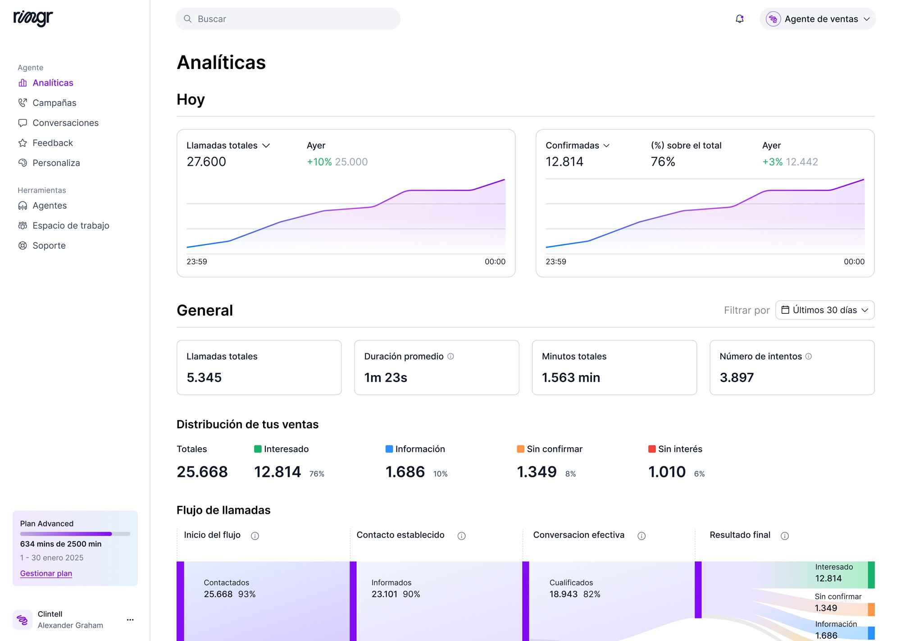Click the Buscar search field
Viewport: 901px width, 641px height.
(x=288, y=19)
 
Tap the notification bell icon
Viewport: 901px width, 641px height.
(x=739, y=19)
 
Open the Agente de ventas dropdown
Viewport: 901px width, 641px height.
(x=818, y=19)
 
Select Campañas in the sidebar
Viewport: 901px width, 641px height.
(x=54, y=103)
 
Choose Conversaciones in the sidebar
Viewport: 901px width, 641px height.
(x=65, y=123)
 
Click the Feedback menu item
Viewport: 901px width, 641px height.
(x=52, y=143)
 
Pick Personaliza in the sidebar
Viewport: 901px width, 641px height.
(x=56, y=163)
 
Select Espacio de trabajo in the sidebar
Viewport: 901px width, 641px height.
(x=71, y=225)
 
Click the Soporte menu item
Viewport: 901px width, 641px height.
(x=49, y=246)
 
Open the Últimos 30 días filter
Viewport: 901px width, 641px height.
(x=825, y=310)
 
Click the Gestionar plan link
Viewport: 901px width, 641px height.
(x=46, y=573)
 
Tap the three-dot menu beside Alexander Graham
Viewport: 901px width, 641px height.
(x=130, y=620)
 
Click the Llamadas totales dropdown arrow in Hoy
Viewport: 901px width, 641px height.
(x=266, y=146)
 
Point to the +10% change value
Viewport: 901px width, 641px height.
(x=319, y=162)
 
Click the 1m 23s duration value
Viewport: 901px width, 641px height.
(x=386, y=378)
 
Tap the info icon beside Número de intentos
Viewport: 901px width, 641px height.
(x=809, y=356)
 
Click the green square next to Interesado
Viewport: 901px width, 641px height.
(x=258, y=449)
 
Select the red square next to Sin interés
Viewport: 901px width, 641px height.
(x=652, y=449)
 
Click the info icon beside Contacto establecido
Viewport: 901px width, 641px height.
(x=461, y=536)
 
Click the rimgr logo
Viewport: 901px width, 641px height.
(x=33, y=18)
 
